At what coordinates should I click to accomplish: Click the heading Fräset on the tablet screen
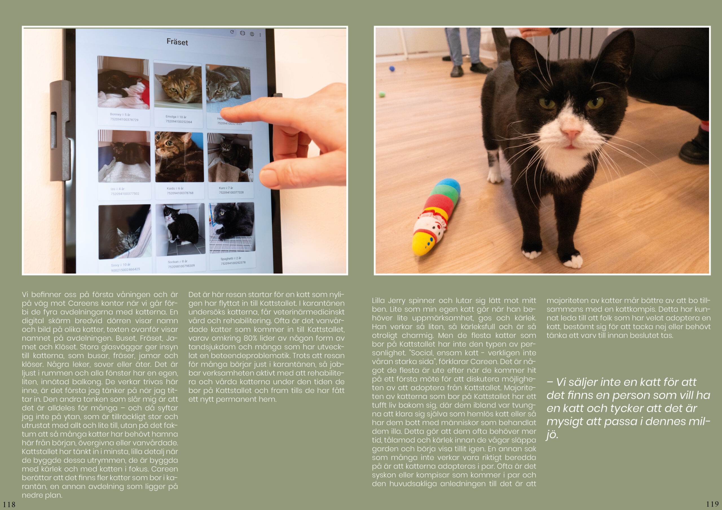177,42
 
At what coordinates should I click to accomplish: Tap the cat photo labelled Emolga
178,85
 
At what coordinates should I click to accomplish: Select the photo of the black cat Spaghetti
232,227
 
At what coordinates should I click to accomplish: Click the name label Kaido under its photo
171,189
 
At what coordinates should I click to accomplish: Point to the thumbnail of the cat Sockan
180,229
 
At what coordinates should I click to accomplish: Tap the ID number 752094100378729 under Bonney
124,119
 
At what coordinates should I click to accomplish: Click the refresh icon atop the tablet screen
232,32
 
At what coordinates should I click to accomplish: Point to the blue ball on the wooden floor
392,68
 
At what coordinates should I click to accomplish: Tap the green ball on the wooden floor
382,94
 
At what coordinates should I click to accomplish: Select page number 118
9,504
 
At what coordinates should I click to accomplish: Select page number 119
712,504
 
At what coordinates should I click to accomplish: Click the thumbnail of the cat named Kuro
230,158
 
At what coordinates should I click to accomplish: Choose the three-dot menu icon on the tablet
260,35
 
